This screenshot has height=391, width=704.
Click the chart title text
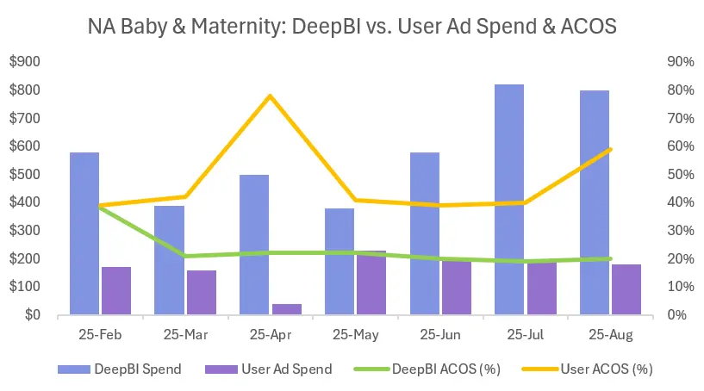352,26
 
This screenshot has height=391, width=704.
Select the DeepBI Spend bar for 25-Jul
510,199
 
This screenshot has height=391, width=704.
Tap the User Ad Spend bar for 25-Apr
287,309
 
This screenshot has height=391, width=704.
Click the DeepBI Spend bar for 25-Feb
84,233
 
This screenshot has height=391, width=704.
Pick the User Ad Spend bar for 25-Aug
627,289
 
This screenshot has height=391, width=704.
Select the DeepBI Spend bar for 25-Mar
170,260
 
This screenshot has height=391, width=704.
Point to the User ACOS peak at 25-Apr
271,96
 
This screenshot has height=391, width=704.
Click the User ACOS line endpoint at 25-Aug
611,149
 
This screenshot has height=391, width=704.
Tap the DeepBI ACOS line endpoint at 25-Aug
611,258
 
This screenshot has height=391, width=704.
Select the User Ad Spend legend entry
268,369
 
